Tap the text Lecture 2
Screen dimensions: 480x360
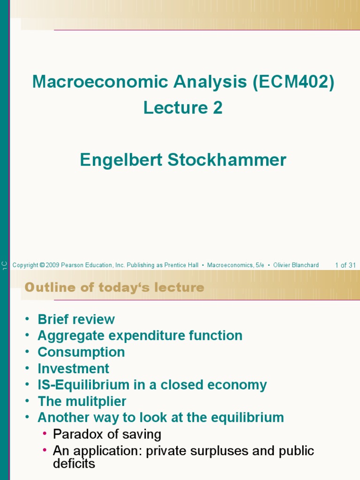[183, 108]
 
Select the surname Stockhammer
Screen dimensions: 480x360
[227, 160]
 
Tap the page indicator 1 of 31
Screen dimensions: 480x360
[345, 265]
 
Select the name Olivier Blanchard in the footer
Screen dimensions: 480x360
[296, 265]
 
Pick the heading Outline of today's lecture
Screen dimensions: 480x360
[114, 287]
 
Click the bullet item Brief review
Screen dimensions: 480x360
[76, 319]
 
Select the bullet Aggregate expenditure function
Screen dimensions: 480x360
[140, 336]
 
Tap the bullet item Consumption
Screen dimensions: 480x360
[81, 352]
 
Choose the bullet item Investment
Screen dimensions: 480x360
[73, 368]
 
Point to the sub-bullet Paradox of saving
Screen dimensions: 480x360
[107, 434]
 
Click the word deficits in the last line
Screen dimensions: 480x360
[74, 464]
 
